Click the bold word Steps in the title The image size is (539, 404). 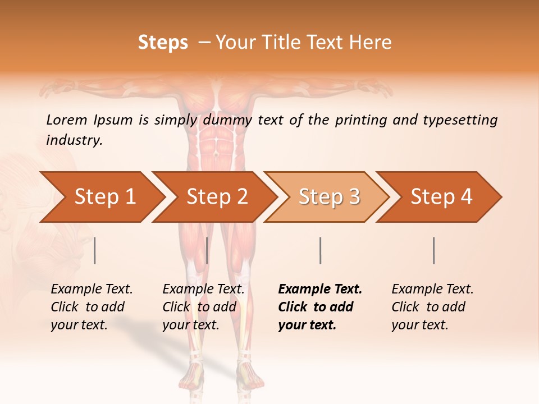(163, 43)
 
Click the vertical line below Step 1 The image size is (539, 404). (95, 250)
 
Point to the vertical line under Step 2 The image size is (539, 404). (207, 250)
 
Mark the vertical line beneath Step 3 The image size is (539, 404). (320, 250)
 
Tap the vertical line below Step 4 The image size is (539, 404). (434, 250)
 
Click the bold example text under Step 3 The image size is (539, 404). (319, 307)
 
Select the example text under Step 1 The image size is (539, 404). (91, 307)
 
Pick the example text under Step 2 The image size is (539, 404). (203, 307)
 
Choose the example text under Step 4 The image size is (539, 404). (432, 307)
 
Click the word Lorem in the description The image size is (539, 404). (67, 120)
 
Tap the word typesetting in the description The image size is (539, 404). (460, 120)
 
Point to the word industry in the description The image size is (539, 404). (74, 140)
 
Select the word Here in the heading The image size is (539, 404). (370, 43)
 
